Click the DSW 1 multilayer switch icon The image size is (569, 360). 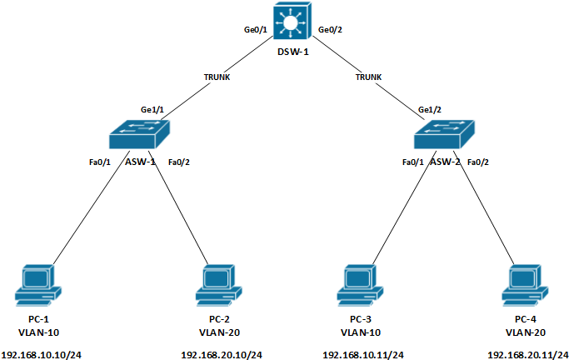(292, 20)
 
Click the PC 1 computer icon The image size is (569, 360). (37, 284)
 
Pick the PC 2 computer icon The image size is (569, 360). (218, 284)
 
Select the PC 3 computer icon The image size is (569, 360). (360, 284)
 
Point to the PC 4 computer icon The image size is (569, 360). (525, 284)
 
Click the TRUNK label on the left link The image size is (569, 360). (217, 77)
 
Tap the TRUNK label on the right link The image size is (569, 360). (368, 77)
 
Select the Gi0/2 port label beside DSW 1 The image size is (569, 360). (331, 31)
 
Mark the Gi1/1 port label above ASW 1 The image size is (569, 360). (152, 109)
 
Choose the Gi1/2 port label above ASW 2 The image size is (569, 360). (429, 109)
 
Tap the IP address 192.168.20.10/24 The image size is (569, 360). (221, 354)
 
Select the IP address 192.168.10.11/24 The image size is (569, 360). (362, 354)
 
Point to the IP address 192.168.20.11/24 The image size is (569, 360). (527, 354)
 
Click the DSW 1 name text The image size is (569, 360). (292, 52)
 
